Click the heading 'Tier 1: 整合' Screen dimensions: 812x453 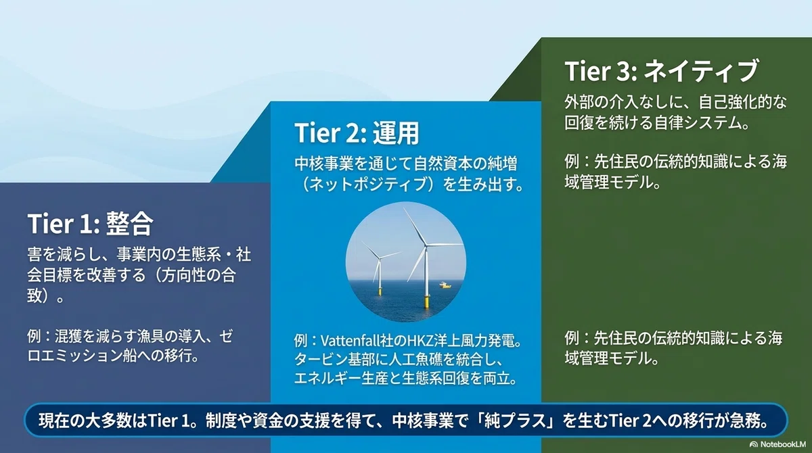90,224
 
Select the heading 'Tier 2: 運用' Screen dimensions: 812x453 357,133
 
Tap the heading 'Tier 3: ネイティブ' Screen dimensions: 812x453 661,71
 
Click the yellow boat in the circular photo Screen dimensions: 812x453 445,285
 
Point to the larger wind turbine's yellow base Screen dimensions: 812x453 427,301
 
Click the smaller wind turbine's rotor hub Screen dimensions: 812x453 380,258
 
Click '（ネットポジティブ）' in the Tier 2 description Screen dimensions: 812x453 367,185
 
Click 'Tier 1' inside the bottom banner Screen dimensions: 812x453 168,421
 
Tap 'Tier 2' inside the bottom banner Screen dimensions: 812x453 630,421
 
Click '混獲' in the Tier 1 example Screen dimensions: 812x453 69,337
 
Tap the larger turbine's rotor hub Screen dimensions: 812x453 425,245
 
